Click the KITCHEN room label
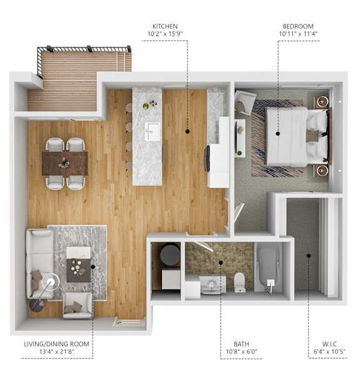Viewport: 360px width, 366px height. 165,26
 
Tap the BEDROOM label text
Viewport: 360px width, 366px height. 298,26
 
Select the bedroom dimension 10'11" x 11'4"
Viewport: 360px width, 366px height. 298,34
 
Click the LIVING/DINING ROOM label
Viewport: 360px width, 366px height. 56,344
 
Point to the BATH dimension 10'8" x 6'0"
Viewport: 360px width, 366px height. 241,352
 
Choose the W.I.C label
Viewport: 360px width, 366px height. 329,344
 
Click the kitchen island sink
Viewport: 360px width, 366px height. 152,132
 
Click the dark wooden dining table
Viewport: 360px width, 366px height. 65,164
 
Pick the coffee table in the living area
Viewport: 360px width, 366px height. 79,264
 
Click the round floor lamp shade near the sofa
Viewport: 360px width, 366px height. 51,282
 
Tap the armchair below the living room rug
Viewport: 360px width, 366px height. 78,305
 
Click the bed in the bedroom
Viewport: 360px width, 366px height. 299,137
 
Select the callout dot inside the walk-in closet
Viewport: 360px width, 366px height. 309,256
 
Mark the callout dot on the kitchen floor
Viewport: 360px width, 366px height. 187,132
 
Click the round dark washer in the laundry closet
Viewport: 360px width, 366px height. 170,255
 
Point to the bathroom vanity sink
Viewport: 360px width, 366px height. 212,285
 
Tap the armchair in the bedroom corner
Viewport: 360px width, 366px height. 244,102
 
